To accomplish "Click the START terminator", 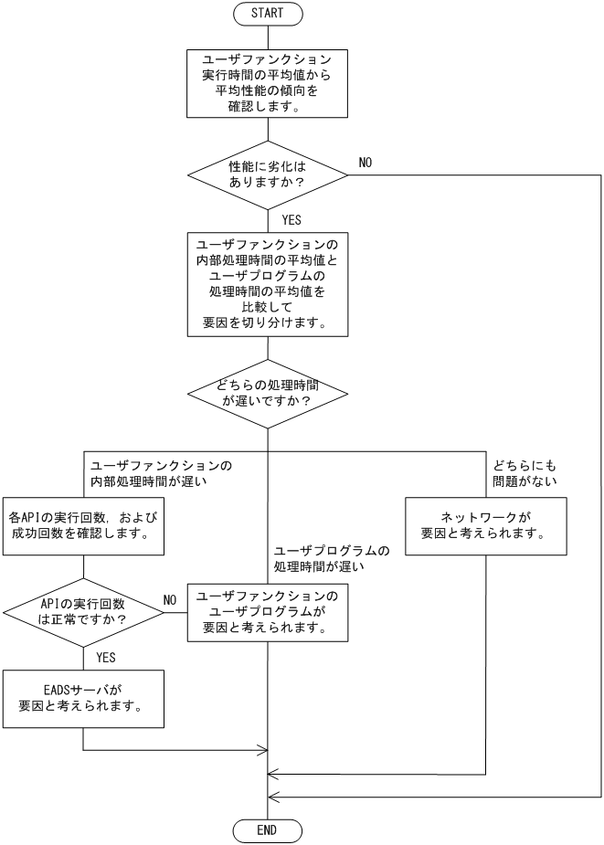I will point(268,14).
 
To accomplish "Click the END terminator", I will point(268,830).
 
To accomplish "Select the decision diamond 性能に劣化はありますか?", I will point(268,175).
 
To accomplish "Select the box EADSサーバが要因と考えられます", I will point(83,699).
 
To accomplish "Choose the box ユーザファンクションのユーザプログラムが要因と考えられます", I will point(268,612).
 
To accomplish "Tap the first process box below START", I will point(268,83).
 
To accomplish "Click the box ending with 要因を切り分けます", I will point(268,284).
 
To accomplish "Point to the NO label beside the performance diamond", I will point(365,163).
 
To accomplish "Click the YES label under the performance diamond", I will point(291,220).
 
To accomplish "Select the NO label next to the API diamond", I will point(169,600).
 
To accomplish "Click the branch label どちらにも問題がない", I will point(525,472).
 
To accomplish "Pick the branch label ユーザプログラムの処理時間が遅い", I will point(332,559).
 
